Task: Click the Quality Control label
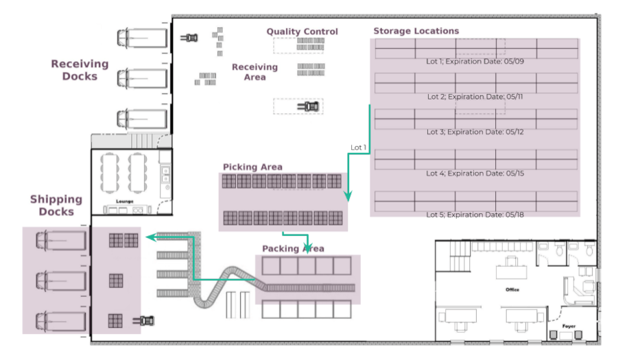click(302, 32)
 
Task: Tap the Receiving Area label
click(254, 72)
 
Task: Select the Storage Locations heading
click(416, 31)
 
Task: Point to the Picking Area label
click(252, 167)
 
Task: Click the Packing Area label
click(293, 248)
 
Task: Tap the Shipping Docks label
click(56, 206)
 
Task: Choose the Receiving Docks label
click(80, 70)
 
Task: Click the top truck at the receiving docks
click(143, 37)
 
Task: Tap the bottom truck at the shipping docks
click(61, 321)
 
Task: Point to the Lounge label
click(124, 201)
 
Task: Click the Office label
click(512, 289)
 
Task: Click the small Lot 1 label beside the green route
click(358, 147)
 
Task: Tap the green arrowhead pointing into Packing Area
click(308, 248)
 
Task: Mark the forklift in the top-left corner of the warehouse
click(189, 37)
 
